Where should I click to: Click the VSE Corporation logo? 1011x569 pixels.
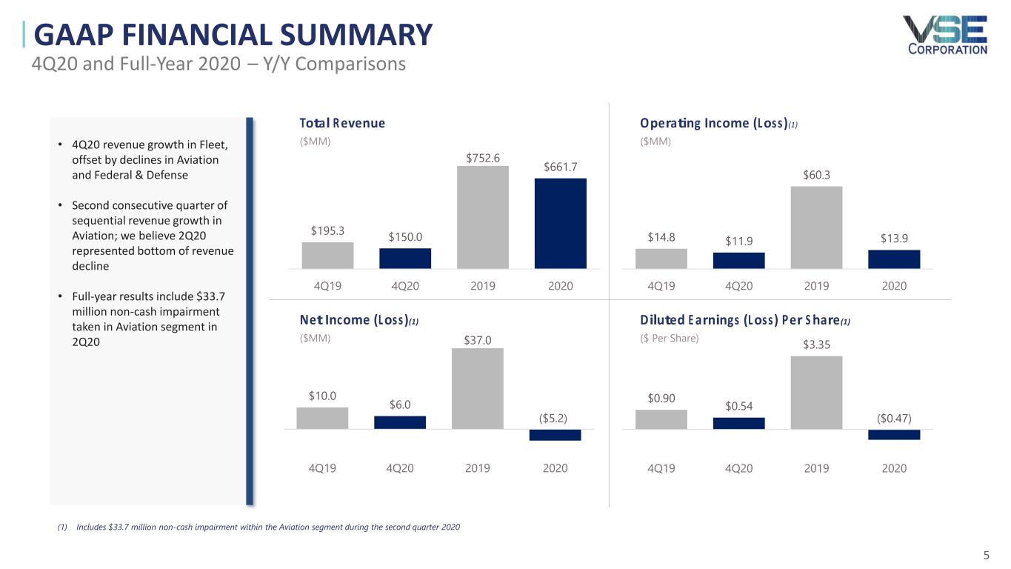point(944,35)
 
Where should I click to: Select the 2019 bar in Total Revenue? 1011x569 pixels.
point(483,216)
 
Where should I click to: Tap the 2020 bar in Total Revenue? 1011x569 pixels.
point(560,223)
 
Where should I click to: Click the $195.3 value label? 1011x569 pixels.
point(327,230)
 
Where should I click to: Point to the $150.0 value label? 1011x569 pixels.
point(405,236)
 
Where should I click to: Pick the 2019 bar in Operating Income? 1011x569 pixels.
point(816,227)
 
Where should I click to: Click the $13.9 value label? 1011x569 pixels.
point(894,238)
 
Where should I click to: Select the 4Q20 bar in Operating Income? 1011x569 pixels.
point(738,260)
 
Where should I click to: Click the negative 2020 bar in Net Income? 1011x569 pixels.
point(555,435)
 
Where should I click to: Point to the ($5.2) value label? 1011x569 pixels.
point(553,418)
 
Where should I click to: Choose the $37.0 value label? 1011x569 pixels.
point(478,341)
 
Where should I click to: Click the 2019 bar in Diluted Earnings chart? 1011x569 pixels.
point(816,393)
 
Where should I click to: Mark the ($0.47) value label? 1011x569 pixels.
point(894,418)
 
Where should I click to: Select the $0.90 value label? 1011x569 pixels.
point(661,399)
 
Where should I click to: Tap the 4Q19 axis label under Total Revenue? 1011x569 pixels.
point(327,286)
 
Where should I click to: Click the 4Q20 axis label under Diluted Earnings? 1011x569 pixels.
point(738,468)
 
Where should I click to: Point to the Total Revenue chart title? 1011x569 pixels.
point(342,123)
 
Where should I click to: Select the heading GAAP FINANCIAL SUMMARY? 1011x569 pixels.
point(233,35)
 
